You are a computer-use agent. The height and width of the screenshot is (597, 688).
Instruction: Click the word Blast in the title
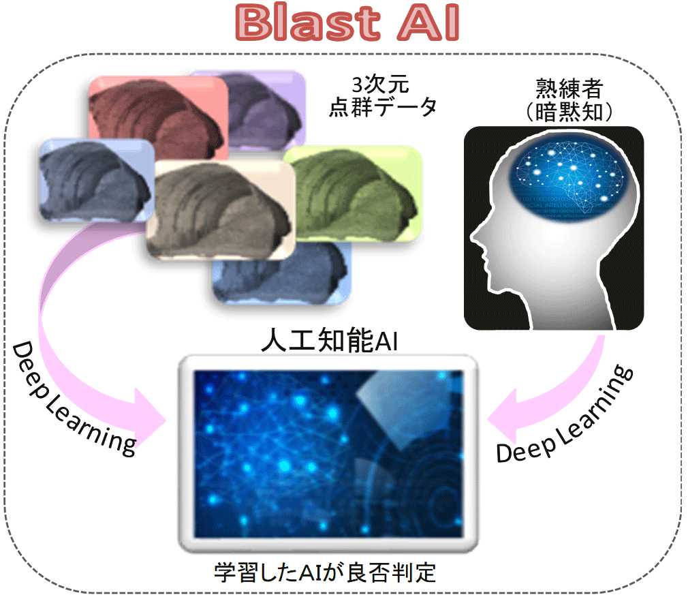pos(308,22)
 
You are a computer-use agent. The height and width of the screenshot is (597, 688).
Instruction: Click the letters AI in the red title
pos(428,22)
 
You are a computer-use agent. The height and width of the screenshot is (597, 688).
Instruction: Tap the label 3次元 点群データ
pos(382,96)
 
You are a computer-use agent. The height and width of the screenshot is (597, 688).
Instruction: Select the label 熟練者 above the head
pos(569,89)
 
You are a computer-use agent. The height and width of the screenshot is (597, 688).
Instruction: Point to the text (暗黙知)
pos(569,112)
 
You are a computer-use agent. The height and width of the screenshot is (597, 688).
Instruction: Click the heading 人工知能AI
pos(330,340)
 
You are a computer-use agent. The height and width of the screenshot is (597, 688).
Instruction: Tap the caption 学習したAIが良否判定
pos(325,572)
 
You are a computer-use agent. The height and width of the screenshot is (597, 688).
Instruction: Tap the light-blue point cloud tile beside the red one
pos(97,180)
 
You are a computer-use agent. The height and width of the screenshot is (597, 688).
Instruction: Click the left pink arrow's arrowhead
pos(149,419)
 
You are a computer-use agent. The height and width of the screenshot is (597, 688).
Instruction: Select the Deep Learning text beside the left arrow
pos(72,400)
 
